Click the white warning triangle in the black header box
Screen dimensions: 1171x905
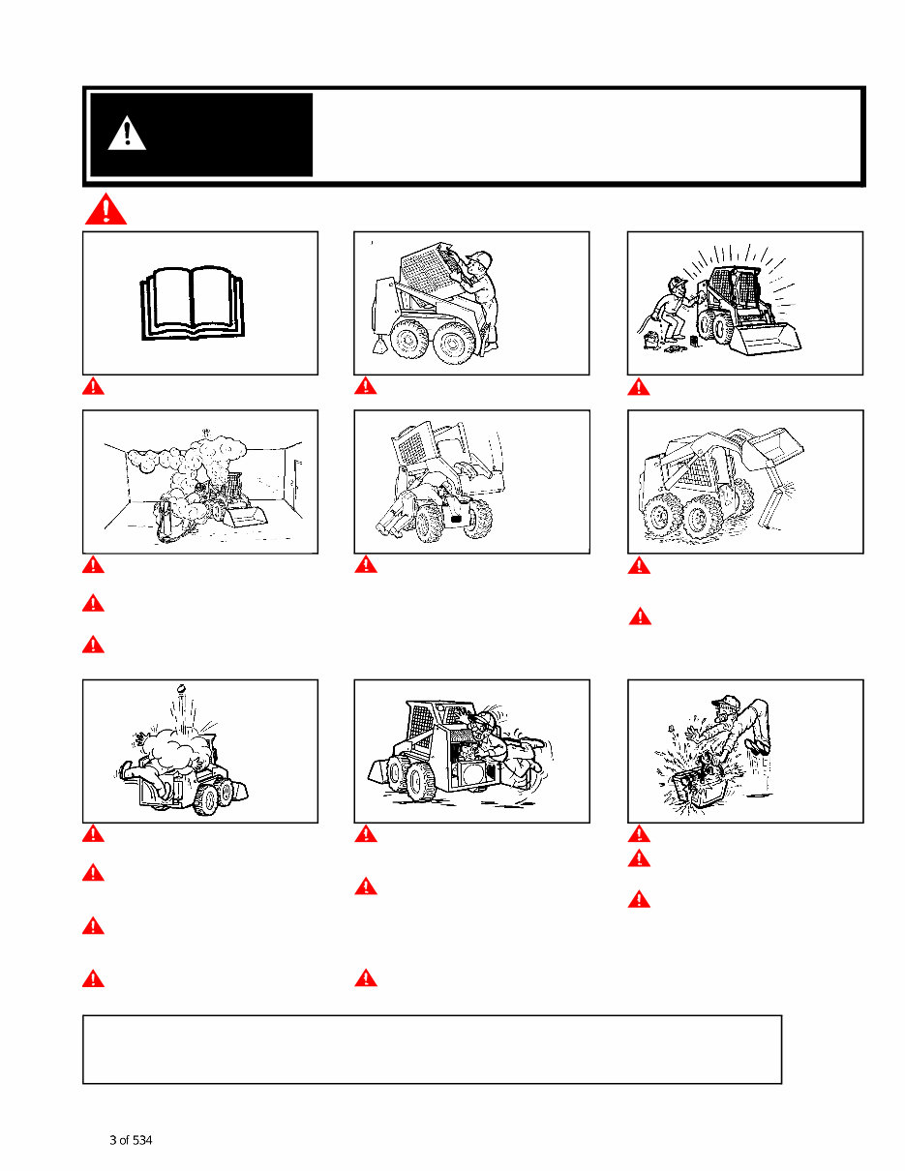click(127, 134)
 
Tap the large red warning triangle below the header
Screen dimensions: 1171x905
click(105, 209)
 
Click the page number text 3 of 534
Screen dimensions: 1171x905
click(131, 1140)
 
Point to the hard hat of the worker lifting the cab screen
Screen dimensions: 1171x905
click(478, 258)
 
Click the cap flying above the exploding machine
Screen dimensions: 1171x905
click(181, 691)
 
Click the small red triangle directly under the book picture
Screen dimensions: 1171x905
click(93, 387)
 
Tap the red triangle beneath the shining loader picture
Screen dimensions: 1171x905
click(638, 387)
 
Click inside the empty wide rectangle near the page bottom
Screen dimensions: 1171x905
click(432, 1049)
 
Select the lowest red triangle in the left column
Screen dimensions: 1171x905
click(93, 978)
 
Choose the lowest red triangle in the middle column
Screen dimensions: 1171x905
click(365, 978)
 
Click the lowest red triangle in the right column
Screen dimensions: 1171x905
click(638, 899)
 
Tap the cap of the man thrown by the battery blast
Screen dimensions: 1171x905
click(717, 702)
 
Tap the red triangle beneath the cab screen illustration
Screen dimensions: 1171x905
click(365, 387)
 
